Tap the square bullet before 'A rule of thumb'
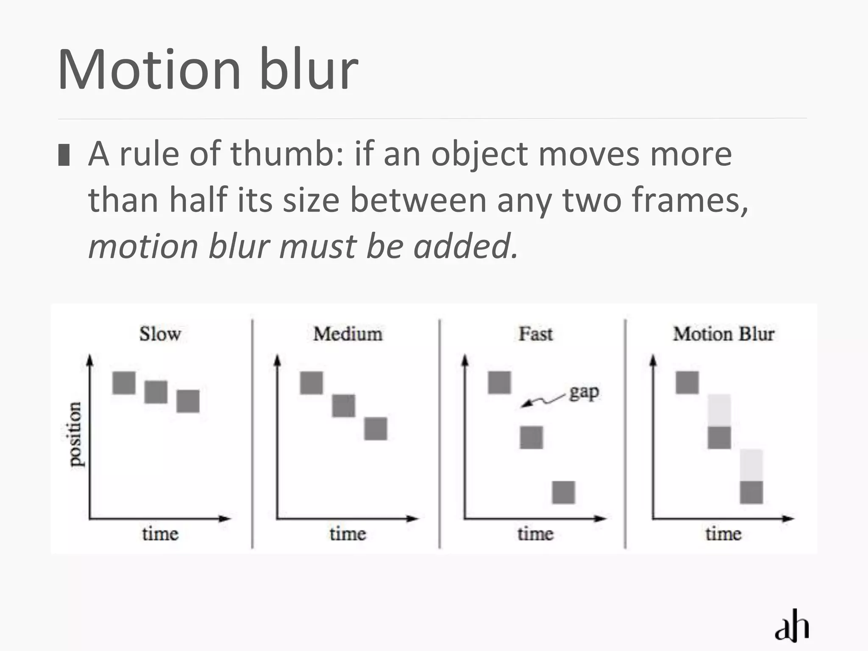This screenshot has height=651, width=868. coord(64,155)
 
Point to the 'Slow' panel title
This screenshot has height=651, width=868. coord(160,334)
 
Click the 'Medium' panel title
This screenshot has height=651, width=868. coord(348,334)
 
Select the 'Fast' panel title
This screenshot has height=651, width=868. coord(536,334)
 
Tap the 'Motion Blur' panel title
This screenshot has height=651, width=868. coord(723,334)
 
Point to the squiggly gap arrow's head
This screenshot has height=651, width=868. coord(524,405)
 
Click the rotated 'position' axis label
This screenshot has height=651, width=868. coord(75,434)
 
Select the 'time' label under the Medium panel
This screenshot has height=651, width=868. coord(348,534)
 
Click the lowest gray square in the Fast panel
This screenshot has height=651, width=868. coord(564,492)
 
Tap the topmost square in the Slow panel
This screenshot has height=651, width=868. coord(124,383)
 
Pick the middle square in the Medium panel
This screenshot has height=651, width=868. coord(344,406)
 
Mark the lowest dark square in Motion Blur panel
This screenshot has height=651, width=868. coord(751,492)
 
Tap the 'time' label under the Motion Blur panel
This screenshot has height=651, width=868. coord(723,534)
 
